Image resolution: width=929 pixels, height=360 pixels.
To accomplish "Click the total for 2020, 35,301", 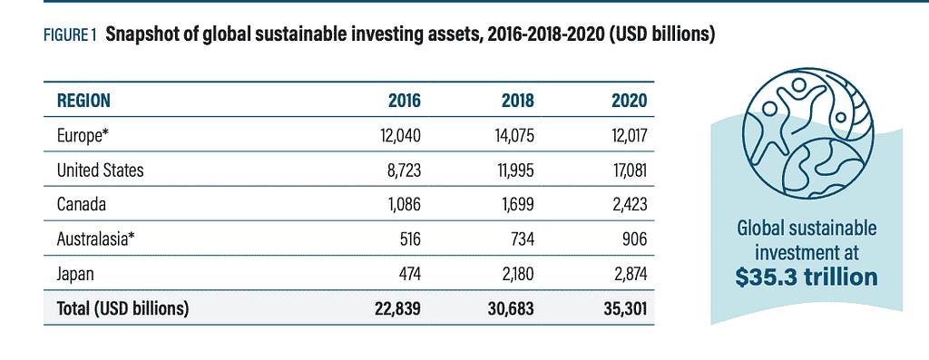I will point(621,308).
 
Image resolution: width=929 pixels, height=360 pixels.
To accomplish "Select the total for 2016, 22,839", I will point(396,308).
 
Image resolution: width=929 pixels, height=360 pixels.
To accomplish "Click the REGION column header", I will point(84,100).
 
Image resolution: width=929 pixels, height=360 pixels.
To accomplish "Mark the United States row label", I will point(100,169).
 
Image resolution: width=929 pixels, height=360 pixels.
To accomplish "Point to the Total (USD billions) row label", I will point(122,308).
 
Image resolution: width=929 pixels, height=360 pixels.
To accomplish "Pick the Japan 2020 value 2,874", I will point(625,273).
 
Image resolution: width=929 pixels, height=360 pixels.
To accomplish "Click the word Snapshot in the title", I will point(142,36).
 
